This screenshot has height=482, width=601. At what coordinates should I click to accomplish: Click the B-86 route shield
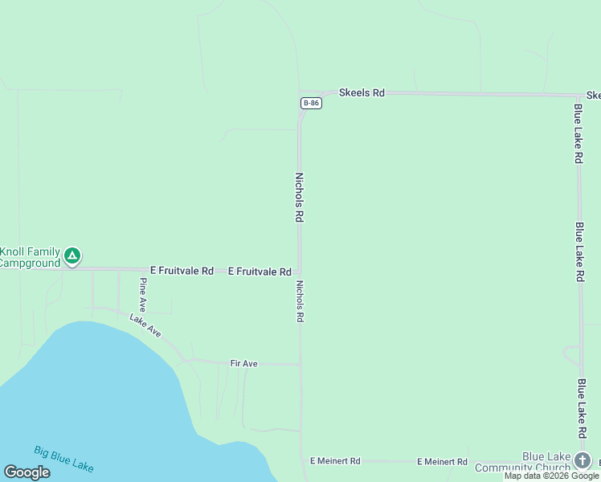(x=312, y=104)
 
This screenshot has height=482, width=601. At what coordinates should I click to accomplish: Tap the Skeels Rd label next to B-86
(x=362, y=93)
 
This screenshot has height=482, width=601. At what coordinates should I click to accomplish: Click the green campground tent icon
(x=72, y=256)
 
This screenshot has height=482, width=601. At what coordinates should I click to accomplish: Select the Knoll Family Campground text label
(x=31, y=257)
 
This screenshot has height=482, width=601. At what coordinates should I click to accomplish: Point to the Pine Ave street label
(x=143, y=295)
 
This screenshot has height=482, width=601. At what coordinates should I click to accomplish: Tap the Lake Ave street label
(x=145, y=325)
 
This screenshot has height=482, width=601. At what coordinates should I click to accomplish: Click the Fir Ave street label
(x=243, y=364)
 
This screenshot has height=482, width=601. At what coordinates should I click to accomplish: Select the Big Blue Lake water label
(x=63, y=458)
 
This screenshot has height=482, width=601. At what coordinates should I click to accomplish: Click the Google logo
(x=27, y=472)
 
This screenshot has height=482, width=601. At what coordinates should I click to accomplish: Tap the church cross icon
(x=583, y=460)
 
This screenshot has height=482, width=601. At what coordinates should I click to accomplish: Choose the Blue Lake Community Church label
(x=523, y=462)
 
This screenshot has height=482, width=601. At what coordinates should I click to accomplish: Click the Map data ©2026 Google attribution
(x=551, y=476)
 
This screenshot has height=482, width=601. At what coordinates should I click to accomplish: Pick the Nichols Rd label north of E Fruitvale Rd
(x=299, y=197)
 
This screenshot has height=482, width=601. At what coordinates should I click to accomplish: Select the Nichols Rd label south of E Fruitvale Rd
(x=300, y=301)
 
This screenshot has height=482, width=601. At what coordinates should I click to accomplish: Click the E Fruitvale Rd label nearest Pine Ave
(x=182, y=272)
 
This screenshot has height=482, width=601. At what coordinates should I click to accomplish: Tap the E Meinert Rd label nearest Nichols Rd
(x=335, y=461)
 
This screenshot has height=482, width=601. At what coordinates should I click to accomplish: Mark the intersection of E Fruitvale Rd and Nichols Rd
(x=300, y=272)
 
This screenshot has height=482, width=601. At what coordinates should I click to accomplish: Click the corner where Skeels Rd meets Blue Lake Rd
(x=579, y=95)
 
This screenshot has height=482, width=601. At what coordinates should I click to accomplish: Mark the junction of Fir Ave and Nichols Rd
(x=300, y=364)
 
